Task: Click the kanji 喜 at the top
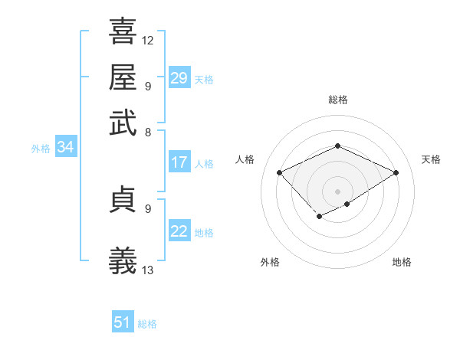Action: click(x=123, y=33)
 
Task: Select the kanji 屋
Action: click(x=123, y=77)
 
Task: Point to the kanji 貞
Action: click(x=123, y=198)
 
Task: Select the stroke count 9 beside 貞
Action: click(x=147, y=208)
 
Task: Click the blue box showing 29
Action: click(x=179, y=78)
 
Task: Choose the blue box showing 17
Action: click(x=179, y=162)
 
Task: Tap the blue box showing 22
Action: click(x=179, y=231)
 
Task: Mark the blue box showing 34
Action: click(x=65, y=148)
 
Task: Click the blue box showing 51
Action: click(x=123, y=322)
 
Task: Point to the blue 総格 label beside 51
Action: click(x=147, y=324)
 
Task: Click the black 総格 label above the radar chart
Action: click(x=338, y=100)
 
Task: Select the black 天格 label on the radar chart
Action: click(x=431, y=159)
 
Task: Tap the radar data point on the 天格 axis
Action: click(x=396, y=172)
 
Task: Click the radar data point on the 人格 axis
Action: click(x=280, y=172)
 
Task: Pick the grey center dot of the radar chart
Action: click(x=338, y=191)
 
